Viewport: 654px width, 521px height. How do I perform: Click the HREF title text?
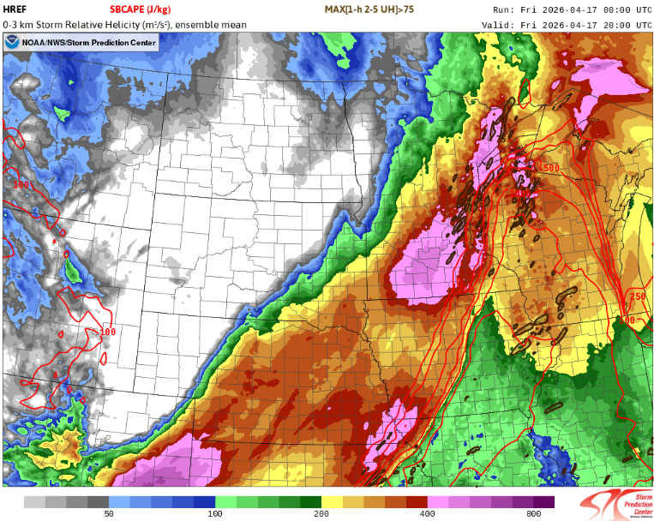click(x=15, y=9)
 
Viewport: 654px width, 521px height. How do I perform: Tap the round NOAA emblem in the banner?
click(x=12, y=42)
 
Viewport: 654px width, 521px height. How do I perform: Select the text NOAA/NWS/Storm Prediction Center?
click(x=88, y=42)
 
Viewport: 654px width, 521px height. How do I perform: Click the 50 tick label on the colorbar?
click(x=109, y=514)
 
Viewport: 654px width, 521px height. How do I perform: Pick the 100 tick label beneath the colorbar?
click(x=214, y=514)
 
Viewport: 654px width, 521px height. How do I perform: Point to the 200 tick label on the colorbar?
click(x=321, y=514)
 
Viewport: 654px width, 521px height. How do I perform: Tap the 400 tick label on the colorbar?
click(x=427, y=514)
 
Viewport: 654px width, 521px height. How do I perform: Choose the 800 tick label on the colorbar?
click(x=533, y=514)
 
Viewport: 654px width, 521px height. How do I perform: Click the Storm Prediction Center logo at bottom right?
click(x=613, y=504)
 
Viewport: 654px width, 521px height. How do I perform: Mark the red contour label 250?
click(x=637, y=296)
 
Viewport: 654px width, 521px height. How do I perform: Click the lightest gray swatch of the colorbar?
click(x=34, y=501)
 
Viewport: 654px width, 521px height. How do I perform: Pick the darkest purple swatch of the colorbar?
click(x=543, y=501)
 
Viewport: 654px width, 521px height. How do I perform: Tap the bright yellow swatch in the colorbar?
click(x=332, y=501)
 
